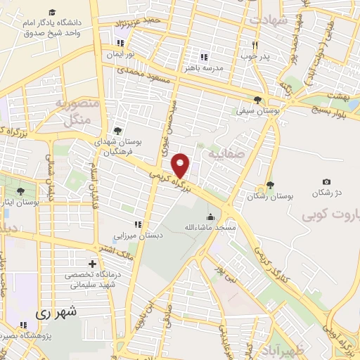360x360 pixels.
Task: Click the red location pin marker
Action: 181,166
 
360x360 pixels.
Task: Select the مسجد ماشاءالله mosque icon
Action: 210,217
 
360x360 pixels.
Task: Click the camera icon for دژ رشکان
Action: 326,182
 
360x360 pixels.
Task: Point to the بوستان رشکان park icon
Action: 269,186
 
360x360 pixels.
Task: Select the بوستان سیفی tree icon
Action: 257,99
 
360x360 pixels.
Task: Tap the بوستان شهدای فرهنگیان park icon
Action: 117,131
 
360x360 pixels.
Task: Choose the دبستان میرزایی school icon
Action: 139,224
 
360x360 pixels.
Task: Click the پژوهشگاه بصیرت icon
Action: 23,325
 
